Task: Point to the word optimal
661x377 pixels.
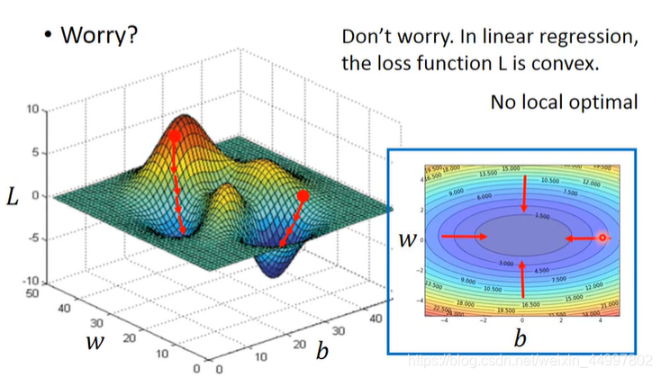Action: coord(604,102)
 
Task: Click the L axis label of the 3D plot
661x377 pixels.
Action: coord(12,196)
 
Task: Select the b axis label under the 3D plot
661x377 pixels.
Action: coord(321,349)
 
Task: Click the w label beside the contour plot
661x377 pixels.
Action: coord(408,239)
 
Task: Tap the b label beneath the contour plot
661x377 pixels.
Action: coord(520,337)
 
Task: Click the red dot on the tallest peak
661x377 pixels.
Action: coord(176,137)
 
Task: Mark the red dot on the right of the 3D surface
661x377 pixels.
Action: coord(303,195)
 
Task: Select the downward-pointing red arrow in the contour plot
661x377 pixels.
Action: coord(523,193)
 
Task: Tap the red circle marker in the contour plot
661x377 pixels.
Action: coord(602,238)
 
